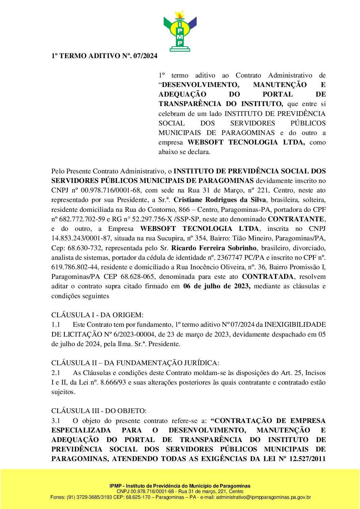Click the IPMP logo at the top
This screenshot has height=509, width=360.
[180, 32]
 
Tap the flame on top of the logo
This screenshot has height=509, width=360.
[180, 14]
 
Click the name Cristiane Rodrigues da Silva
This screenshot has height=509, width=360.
[220, 200]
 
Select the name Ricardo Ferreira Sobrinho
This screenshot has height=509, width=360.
[214, 248]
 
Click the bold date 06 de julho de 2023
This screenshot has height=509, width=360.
[217, 286]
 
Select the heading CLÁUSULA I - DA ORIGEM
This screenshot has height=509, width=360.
[97, 315]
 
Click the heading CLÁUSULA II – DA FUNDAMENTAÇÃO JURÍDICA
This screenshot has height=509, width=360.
[135, 363]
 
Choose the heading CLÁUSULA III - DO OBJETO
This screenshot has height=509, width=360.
[99, 411]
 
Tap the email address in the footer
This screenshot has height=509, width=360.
[263, 497]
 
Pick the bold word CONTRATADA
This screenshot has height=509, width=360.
[267, 276]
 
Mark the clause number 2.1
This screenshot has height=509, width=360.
[56, 373]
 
